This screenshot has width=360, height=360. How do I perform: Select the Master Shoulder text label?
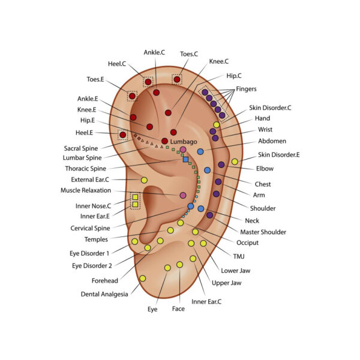pyautogui.click(x=263, y=232)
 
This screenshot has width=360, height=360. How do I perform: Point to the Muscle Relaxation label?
pyautogui.click(x=86, y=190)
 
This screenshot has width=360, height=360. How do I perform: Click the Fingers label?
pyautogui.click(x=246, y=89)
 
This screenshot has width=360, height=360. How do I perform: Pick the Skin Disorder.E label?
pyautogui.click(x=279, y=155)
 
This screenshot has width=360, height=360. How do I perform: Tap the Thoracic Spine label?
pyautogui.click(x=86, y=169)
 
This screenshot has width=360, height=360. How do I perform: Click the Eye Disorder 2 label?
pyautogui.click(x=92, y=265)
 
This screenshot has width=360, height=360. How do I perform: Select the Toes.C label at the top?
pyautogui.click(x=190, y=53)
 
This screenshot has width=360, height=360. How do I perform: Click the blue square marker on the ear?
pyautogui.click(x=186, y=159)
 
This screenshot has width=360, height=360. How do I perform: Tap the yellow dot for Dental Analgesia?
pyautogui.click(x=143, y=278)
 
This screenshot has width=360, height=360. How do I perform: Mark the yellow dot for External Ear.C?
pyautogui.click(x=144, y=180)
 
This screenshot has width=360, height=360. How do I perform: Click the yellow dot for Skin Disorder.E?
pyautogui.click(x=235, y=161)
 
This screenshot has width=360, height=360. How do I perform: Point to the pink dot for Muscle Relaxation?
pyautogui.click(x=183, y=196)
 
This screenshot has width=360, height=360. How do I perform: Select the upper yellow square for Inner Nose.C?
pyautogui.click(x=136, y=197)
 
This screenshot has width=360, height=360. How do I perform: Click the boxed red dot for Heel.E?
pyautogui.click(x=122, y=135)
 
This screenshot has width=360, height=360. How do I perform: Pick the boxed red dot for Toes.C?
pyautogui.click(x=177, y=79)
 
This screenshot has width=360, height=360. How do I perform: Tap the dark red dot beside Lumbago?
pyautogui.click(x=164, y=141)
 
